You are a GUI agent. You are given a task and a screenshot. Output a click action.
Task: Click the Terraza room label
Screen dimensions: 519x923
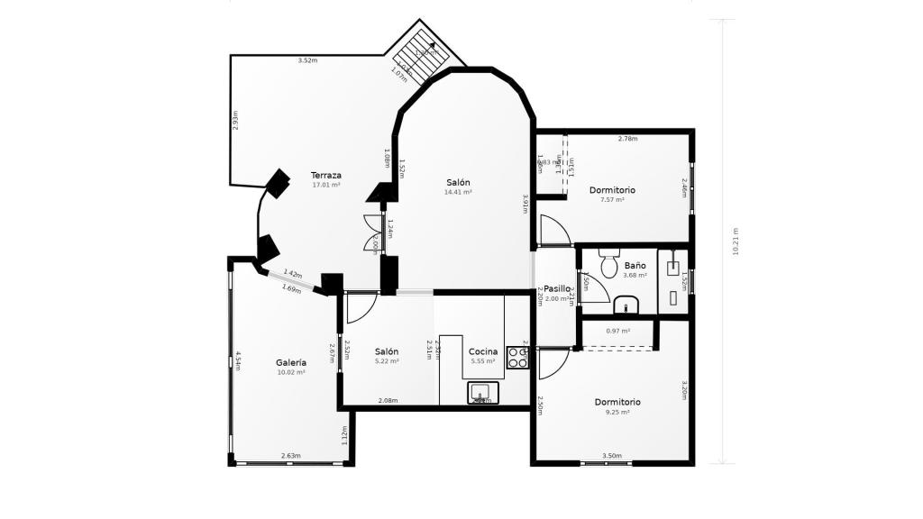[x=325, y=175]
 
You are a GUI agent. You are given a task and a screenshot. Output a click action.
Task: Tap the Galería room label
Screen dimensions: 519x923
[x=290, y=362]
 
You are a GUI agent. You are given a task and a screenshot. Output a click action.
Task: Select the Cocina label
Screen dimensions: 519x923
[x=484, y=351]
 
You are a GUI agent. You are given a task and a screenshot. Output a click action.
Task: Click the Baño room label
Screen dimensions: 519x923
[x=635, y=266]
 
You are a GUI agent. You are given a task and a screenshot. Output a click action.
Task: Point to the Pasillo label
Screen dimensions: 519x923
[x=557, y=289]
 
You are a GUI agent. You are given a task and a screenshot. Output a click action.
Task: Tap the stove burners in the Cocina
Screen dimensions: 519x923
[x=517, y=357]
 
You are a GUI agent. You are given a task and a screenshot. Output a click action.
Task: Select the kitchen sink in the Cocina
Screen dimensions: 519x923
[x=482, y=392]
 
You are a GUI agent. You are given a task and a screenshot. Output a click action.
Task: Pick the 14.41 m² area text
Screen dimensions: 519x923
[x=458, y=192]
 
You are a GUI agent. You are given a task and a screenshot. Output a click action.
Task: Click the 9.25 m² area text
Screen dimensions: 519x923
[x=617, y=412]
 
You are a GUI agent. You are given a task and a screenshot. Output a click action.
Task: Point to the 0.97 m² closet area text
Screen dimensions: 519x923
[x=617, y=331]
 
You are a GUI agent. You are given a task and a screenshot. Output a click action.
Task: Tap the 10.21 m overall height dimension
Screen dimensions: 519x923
[x=736, y=241]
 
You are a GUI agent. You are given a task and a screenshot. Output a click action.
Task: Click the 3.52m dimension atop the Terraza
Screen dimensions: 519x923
[x=308, y=60]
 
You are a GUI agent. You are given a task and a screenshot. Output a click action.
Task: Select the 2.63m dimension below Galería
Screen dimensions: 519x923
[x=290, y=456]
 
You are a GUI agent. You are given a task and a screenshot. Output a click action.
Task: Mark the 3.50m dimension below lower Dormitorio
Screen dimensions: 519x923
[x=611, y=456]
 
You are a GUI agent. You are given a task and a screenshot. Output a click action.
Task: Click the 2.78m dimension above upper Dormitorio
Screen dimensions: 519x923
[x=627, y=139]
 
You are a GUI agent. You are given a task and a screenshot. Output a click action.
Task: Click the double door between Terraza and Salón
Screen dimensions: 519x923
[x=373, y=234]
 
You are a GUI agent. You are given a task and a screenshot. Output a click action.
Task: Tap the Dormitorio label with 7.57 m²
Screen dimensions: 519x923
[x=612, y=190]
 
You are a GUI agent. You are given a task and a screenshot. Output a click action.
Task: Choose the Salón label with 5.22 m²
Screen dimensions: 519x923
[x=387, y=351]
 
